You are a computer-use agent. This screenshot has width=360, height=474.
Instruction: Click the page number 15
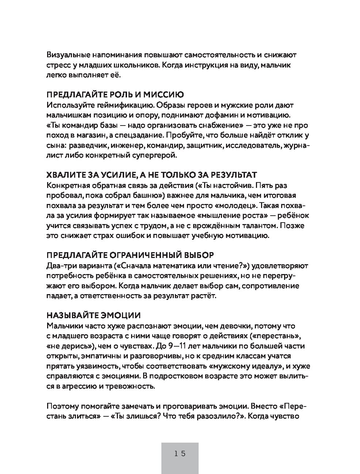(x=180, y=454)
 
